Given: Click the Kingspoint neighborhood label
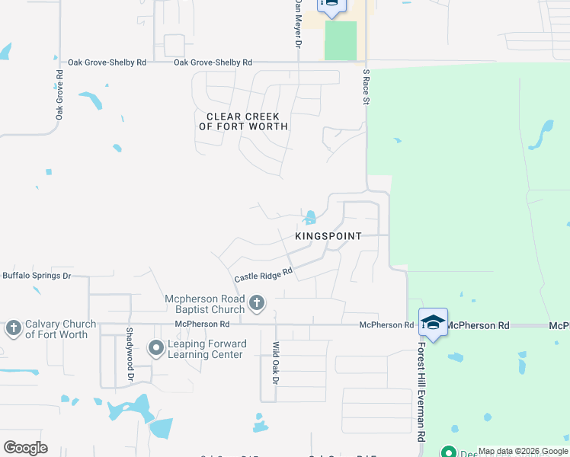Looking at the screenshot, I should pos(328,237).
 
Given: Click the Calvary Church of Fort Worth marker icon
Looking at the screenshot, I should pos(13,328).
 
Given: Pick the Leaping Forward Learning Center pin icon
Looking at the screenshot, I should pos(156,348).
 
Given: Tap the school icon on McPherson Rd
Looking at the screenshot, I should pos(433,322).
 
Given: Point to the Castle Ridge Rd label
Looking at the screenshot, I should pos(264,275).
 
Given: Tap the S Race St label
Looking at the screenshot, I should pos(367,86).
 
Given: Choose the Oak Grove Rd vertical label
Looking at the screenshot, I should pos(59,95).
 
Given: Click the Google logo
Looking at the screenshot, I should pos(26,447).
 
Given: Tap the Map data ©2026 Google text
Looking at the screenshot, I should pos(523,451).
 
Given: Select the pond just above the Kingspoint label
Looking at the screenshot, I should pos(310,218).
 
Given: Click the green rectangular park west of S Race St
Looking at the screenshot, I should pos(340,40).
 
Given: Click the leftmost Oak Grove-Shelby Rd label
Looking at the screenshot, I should pos(107,62).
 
